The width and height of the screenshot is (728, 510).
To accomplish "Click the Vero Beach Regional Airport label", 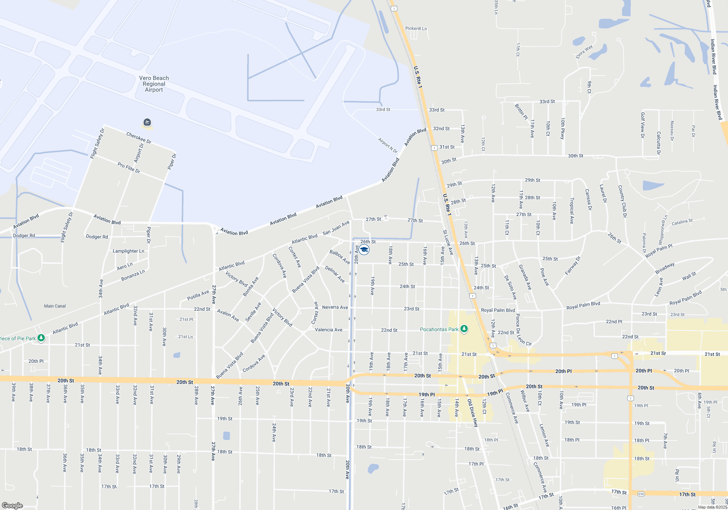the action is click(154, 84).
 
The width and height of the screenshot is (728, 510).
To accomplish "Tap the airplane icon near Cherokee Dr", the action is click(147, 122).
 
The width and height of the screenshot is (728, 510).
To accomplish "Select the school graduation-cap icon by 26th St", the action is click(364, 250).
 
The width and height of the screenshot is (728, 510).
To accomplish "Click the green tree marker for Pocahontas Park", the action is click(464, 329).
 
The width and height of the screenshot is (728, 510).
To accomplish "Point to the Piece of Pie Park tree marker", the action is click(41, 338).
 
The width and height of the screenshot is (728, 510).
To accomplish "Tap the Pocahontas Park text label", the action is click(439, 329).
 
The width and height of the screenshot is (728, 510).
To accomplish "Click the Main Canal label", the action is click(55, 306).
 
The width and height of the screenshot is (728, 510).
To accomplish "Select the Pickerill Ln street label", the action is click(416, 28).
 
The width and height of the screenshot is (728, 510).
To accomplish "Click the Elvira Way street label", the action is click(584, 52).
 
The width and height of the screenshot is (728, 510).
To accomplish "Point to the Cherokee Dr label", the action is click(139, 138).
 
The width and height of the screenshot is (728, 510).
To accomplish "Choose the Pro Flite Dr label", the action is click(129, 168).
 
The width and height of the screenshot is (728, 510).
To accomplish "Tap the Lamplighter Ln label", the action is click(128, 251).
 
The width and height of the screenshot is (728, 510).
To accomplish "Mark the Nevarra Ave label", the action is click(335, 307).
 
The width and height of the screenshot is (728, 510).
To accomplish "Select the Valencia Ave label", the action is click(328, 330).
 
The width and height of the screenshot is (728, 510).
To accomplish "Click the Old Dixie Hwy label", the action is click(472, 412).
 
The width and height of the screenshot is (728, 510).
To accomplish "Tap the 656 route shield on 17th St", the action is click(641, 494).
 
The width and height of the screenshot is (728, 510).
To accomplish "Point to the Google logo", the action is click(12, 505).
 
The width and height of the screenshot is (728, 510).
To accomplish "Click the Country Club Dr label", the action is click(622, 201).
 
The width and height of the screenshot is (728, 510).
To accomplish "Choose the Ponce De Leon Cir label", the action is click(521, 330).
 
